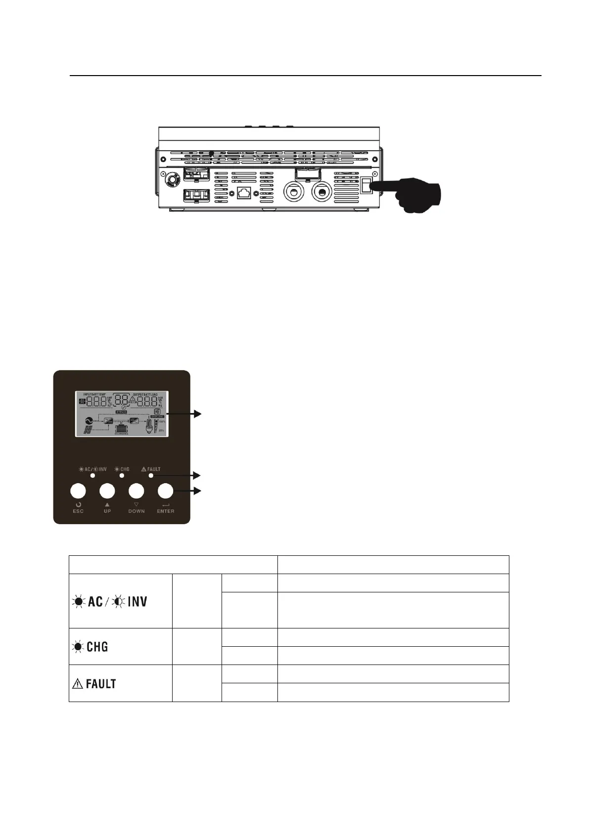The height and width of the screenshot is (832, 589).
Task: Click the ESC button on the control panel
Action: pyautogui.click(x=78, y=491)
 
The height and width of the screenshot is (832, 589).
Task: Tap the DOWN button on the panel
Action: pyautogui.click(x=136, y=491)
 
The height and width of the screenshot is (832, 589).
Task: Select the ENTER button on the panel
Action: pyautogui.click(x=165, y=491)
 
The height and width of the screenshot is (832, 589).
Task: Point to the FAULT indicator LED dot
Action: pyautogui.click(x=151, y=475)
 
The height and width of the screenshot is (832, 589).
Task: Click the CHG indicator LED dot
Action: pyautogui.click(x=122, y=475)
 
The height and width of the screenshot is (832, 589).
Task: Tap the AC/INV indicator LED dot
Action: pyautogui.click(x=92, y=475)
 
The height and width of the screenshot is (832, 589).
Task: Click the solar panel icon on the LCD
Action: pyautogui.click(x=88, y=431)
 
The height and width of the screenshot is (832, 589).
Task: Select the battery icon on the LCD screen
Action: pyautogui.click(x=121, y=428)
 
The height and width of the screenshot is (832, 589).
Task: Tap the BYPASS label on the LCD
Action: pyautogui.click(x=121, y=411)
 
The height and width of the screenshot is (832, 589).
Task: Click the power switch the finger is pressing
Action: pyautogui.click(x=366, y=186)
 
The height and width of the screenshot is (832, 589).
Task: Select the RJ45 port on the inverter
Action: pyautogui.click(x=243, y=192)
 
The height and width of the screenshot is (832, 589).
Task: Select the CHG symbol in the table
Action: pyautogui.click(x=91, y=647)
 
